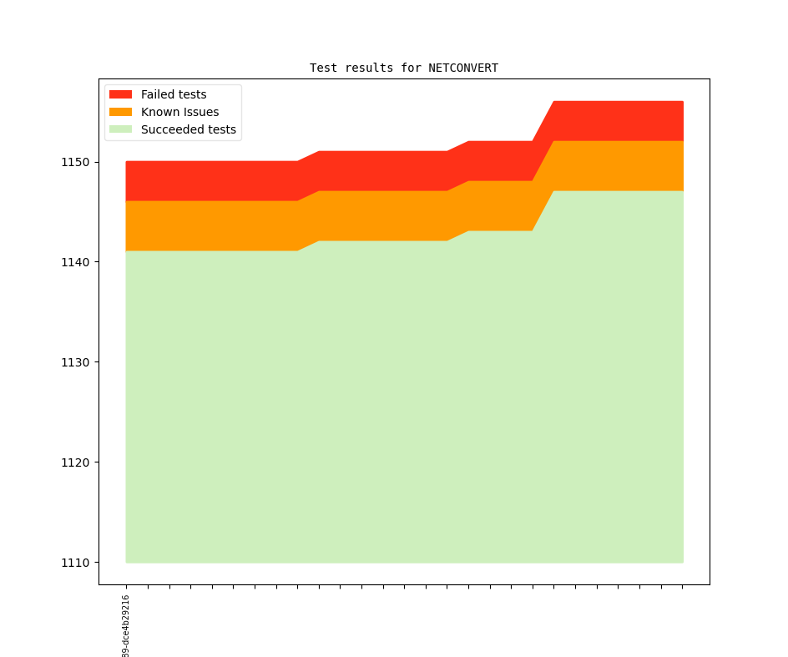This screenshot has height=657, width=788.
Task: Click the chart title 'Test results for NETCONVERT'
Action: pyautogui.click(x=404, y=68)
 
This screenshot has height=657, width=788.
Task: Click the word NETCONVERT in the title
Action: pyautogui.click(x=463, y=68)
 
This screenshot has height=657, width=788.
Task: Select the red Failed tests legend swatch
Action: pyautogui.click(x=120, y=94)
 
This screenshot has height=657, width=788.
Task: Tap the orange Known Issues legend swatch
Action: pyautogui.click(x=120, y=112)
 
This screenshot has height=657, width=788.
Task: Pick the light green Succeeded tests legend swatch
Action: pyautogui.click(x=120, y=129)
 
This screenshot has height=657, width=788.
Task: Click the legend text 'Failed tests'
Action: pyautogui.click(x=174, y=94)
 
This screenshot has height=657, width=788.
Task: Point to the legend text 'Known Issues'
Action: pyautogui.click(x=179, y=112)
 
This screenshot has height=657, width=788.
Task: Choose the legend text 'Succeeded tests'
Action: pyautogui.click(x=189, y=129)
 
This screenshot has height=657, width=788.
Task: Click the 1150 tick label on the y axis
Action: pyautogui.click(x=74, y=162)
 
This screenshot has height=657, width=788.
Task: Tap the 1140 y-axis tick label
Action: pyautogui.click(x=74, y=262)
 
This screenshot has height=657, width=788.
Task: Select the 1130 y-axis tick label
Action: pyautogui.click(x=74, y=362)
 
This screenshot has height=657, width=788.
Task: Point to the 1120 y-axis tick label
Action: pyautogui.click(x=74, y=462)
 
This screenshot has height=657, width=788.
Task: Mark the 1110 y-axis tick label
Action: pyautogui.click(x=74, y=563)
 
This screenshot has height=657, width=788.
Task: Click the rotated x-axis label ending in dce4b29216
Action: pyautogui.click(x=126, y=626)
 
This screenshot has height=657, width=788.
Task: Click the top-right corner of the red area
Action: pyautogui.click(x=683, y=102)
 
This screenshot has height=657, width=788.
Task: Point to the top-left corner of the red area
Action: pyautogui.click(x=126, y=162)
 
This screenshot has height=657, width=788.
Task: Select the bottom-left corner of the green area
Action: pyautogui.click(x=126, y=562)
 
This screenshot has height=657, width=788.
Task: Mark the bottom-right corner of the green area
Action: pyautogui.click(x=683, y=562)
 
